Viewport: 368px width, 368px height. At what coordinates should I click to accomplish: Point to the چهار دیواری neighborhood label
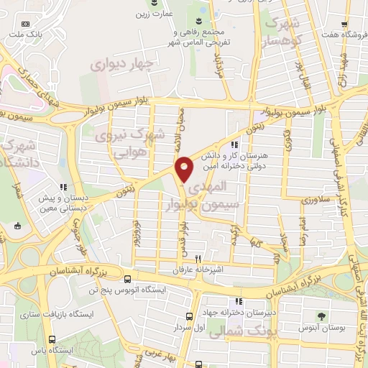click(x=121, y=66)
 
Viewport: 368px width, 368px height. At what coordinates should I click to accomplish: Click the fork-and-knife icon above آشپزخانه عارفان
click(x=207, y=261)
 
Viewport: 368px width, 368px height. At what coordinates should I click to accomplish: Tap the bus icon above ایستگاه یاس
click(x=52, y=339)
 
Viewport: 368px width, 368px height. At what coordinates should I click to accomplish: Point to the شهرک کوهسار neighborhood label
click(x=282, y=31)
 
